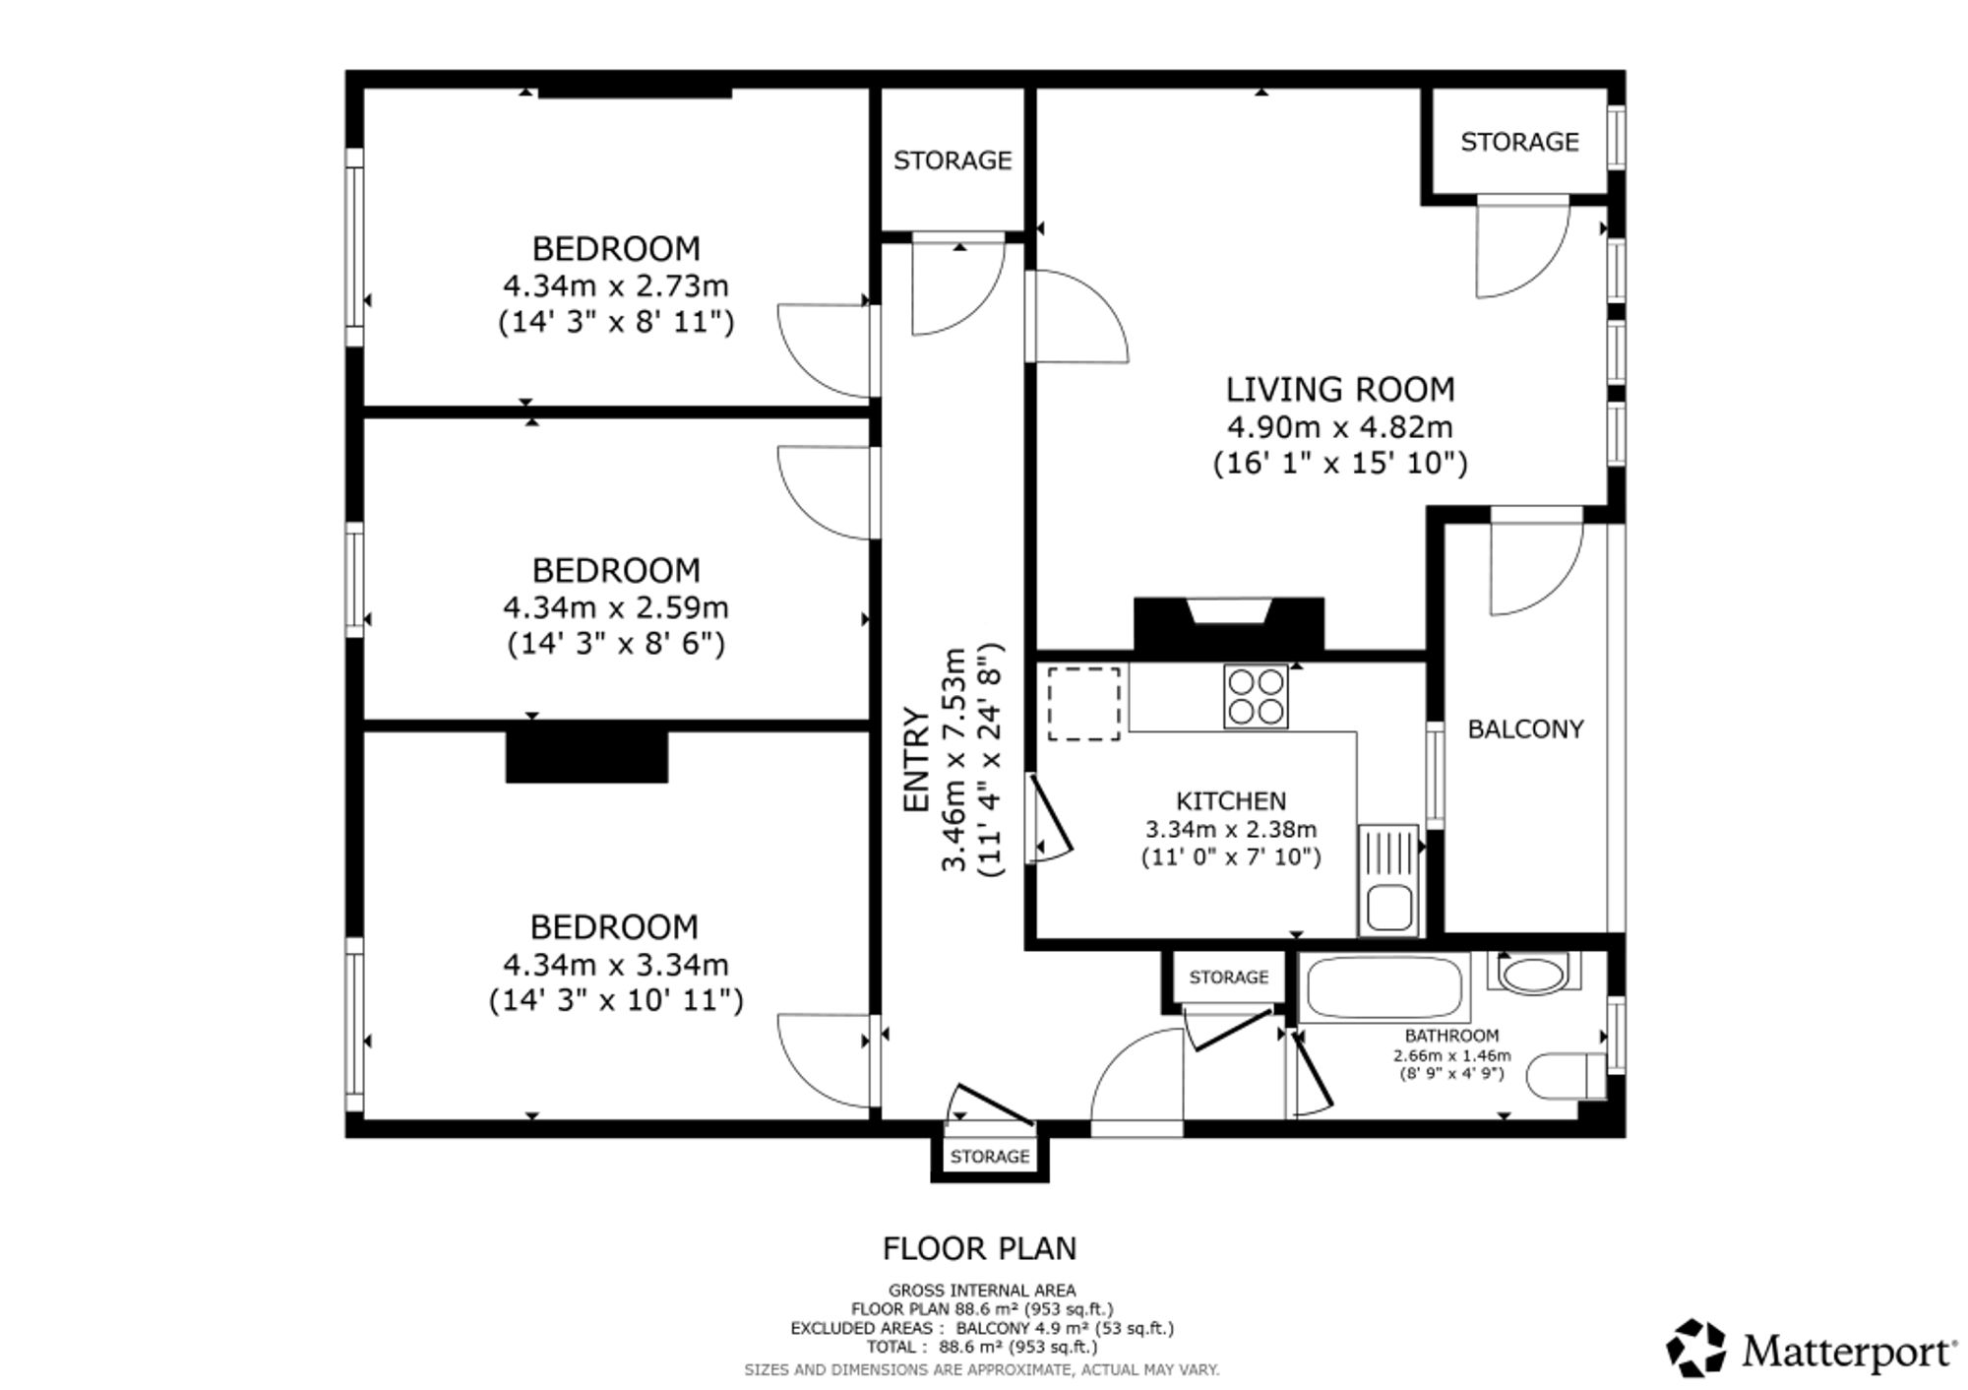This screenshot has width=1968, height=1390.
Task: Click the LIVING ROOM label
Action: (1339, 390)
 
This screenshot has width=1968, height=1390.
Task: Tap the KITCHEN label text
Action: (1231, 801)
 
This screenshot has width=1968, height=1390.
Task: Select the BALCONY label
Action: (1525, 729)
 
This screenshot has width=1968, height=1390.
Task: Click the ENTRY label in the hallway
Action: (916, 761)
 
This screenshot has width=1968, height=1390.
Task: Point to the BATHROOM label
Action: (1451, 1036)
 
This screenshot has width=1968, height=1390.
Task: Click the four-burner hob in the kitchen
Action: (1256, 696)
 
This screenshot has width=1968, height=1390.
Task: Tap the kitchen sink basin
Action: (1389, 908)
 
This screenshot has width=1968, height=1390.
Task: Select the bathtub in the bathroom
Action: (1384, 986)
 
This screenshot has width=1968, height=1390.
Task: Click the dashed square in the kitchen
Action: (1083, 703)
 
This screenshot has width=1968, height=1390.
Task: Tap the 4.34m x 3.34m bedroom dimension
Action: (615, 964)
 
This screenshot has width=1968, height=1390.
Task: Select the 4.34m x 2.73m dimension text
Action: (615, 285)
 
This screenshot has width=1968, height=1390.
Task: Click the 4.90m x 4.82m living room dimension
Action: (1339, 427)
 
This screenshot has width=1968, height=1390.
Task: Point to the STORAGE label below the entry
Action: (990, 1157)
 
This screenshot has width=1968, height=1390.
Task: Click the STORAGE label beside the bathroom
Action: (1229, 978)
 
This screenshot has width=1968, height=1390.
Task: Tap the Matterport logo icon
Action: (1695, 1348)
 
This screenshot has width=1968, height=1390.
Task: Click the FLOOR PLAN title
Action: (979, 1248)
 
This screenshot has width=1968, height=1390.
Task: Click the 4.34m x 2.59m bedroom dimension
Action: (615, 607)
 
